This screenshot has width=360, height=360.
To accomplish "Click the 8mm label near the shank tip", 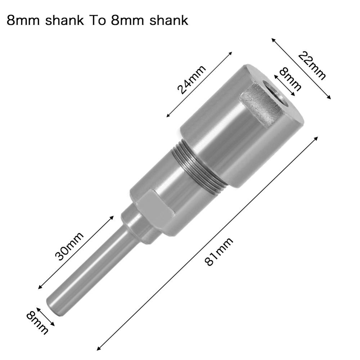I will [37, 322].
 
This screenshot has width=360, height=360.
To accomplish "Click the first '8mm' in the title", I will [23, 20].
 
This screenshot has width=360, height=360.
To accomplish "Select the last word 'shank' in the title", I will [167, 20].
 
